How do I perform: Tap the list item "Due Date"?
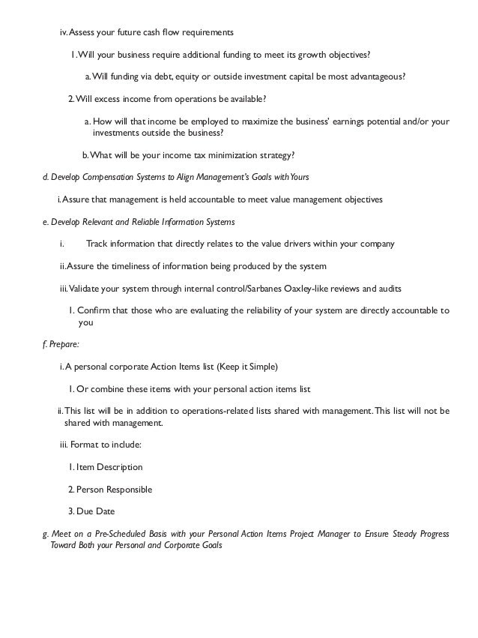pos(95,511)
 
